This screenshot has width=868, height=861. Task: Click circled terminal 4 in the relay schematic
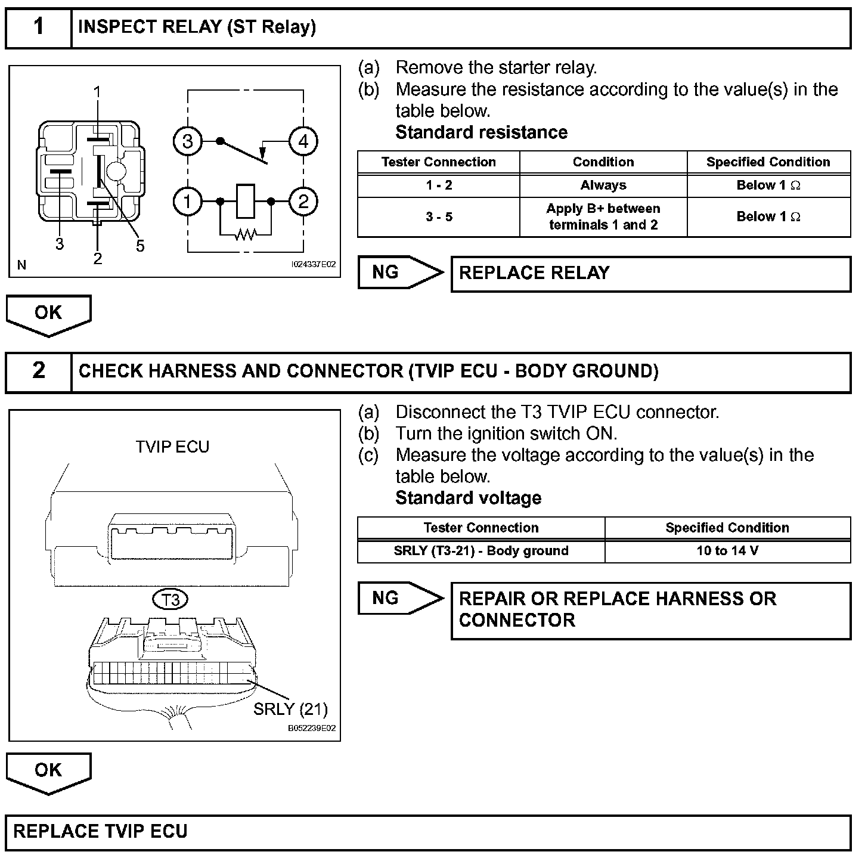click(x=303, y=141)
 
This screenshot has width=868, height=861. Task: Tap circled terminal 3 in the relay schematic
click(x=188, y=141)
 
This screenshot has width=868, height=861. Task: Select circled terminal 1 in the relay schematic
click(x=188, y=202)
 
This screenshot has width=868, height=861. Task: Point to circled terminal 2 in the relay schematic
click(x=303, y=202)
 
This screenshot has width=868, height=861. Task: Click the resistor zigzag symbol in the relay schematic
click(x=245, y=234)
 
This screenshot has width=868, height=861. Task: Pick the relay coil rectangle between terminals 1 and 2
click(x=246, y=201)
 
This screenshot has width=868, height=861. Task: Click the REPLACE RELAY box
click(x=650, y=274)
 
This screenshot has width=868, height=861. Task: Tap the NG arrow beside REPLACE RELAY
click(x=400, y=272)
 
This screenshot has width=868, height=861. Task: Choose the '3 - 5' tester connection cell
click(x=439, y=217)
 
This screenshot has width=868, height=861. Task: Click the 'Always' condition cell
click(x=603, y=185)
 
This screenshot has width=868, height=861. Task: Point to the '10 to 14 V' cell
click(x=727, y=551)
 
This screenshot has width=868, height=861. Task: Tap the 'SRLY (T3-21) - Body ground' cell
click(x=481, y=551)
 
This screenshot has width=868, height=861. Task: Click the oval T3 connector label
click(x=171, y=599)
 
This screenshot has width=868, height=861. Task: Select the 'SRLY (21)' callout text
click(x=290, y=709)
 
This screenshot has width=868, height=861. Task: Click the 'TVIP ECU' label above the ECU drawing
click(x=172, y=447)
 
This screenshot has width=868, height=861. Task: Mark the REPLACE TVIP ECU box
click(x=428, y=832)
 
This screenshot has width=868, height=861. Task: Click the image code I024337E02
click(x=313, y=264)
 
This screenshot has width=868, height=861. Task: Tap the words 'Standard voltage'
click(x=469, y=498)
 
